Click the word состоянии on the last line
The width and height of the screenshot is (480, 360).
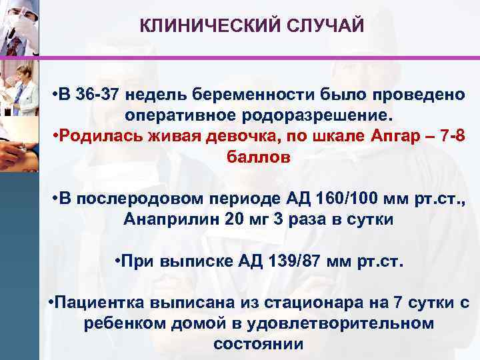[258, 344]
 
